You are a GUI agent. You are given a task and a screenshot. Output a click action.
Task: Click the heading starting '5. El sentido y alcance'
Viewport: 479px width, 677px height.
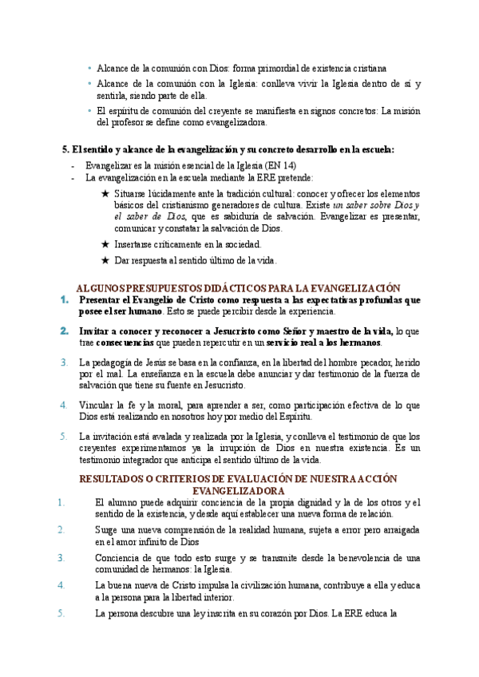228,149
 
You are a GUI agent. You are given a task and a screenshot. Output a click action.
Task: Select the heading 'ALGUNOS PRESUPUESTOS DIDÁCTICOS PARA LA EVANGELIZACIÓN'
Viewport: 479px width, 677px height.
237,287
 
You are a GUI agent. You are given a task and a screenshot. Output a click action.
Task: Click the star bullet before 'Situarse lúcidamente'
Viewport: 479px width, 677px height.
105,193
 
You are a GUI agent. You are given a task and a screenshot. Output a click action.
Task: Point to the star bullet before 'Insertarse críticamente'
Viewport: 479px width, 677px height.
105,244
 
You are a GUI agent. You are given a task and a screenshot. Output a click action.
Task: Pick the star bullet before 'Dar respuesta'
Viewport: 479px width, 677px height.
105,260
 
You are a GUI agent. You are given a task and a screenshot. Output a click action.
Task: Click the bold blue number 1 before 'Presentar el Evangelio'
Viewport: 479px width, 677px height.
64,299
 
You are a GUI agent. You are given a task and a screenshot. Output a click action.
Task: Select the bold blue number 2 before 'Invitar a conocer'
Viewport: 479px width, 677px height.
64,331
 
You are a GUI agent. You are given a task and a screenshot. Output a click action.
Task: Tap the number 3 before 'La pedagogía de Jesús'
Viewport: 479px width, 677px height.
64,362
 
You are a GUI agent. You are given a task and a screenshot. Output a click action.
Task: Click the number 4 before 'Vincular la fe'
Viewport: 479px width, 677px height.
64,405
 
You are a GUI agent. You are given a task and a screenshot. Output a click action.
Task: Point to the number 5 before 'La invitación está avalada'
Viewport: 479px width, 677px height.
64,436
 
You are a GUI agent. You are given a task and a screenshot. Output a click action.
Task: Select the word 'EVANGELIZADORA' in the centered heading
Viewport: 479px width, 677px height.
238,490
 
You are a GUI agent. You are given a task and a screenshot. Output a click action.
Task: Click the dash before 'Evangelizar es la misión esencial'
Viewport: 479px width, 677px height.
73,165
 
